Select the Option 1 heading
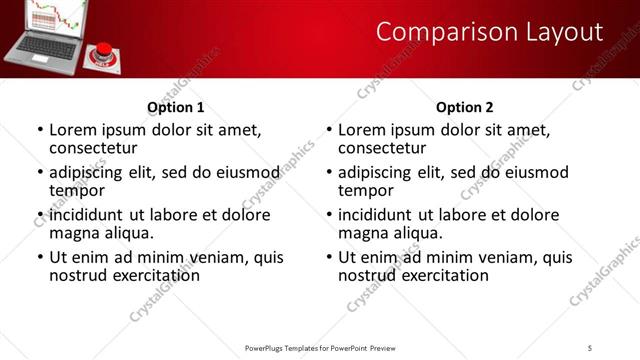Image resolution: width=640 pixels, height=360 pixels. pyautogui.click(x=176, y=107)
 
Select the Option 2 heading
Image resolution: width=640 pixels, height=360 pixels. pyautogui.click(x=465, y=107)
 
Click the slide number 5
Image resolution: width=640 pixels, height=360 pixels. pyautogui.click(x=590, y=347)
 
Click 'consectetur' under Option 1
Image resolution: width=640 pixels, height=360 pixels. pyautogui.click(x=92, y=147)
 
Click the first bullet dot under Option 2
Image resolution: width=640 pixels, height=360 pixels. pyautogui.click(x=329, y=130)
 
